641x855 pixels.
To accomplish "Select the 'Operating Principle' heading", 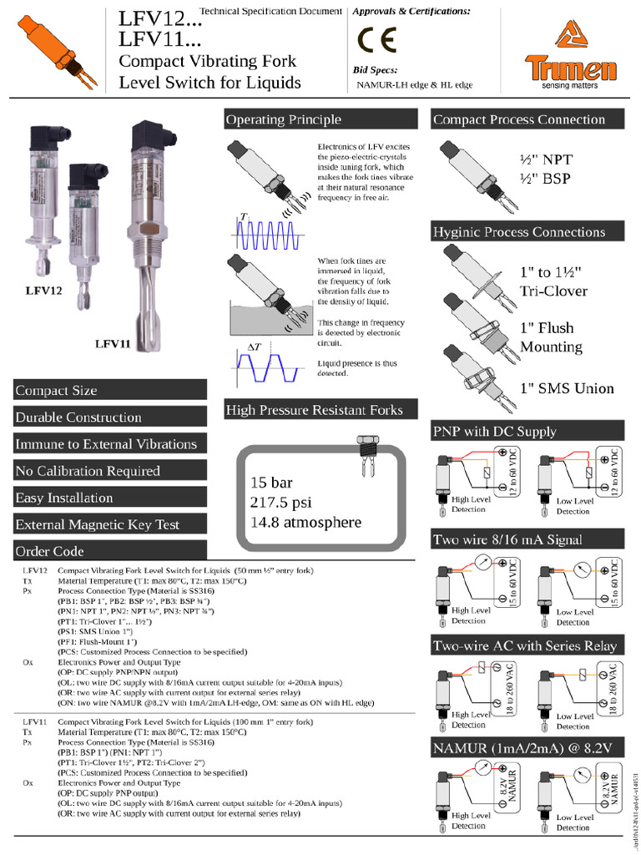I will tap(283, 120).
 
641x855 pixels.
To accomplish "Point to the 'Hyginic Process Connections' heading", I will tap(518, 232).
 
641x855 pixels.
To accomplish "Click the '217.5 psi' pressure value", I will tap(282, 503).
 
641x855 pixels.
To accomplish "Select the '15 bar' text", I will tap(272, 483).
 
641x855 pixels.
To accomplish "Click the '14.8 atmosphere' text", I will tap(305, 523).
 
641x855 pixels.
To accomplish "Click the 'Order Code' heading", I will tap(50, 551).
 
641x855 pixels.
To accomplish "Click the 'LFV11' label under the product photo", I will tap(113, 343).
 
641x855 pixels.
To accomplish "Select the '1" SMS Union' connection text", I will tap(567, 388).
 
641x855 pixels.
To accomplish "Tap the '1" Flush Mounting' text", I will tap(551, 337).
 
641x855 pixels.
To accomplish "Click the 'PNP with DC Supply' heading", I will tap(494, 432).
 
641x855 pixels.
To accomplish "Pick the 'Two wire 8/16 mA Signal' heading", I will tap(507, 539).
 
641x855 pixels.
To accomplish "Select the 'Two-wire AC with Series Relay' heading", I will tap(525, 645).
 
